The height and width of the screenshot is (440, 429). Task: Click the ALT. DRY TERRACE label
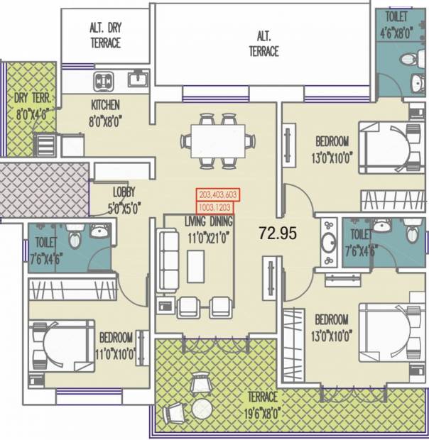106,35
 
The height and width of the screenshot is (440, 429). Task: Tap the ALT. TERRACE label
264,44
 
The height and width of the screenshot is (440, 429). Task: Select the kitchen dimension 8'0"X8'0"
106,122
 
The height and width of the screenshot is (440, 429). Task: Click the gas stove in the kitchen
103,81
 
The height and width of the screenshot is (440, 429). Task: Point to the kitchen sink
138,78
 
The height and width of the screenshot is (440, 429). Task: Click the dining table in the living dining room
218,141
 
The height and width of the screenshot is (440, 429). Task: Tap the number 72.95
278,233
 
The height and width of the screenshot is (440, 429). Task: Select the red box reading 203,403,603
218,194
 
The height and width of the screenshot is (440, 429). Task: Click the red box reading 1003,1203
214,208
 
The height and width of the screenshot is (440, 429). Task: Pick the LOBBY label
124,192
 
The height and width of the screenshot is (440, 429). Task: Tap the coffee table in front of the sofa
196,267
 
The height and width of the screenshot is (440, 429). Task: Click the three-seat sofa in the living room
168,261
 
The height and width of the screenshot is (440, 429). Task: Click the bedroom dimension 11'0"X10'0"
116,356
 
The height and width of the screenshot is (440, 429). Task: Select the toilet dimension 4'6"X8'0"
396,34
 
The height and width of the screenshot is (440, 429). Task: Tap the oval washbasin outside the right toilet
329,242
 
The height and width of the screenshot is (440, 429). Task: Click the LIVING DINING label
209,221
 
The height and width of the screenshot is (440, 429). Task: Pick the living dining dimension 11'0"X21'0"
207,238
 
